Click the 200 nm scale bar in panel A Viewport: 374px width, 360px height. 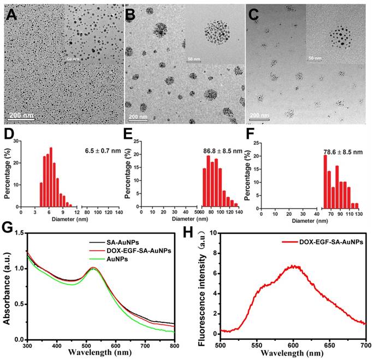coord(20,116)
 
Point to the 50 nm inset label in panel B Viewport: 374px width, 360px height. coord(193,57)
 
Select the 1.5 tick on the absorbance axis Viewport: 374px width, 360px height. coord(21,233)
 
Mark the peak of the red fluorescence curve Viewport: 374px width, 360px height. coord(328,266)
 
